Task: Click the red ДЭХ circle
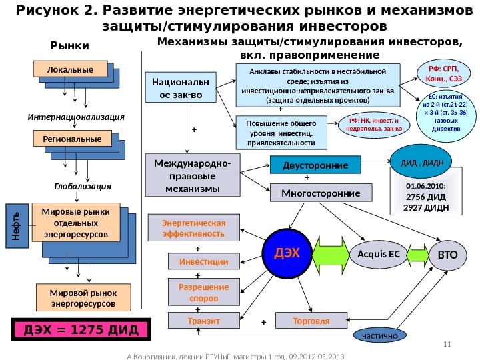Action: pos(287,253)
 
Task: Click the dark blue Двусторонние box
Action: pos(314,165)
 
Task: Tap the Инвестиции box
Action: pos(203,262)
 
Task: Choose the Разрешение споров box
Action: pos(203,292)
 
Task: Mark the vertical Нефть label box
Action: pos(15,223)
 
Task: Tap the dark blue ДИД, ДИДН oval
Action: pos(417,161)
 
